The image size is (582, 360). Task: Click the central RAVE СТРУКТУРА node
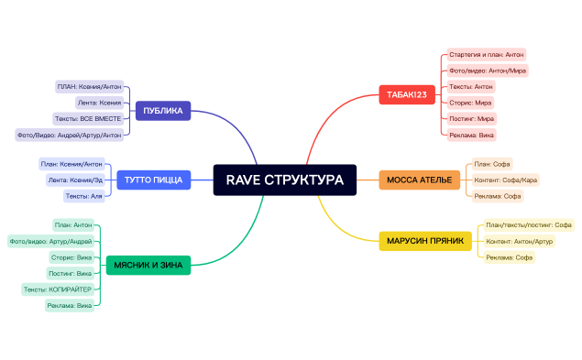[284, 180]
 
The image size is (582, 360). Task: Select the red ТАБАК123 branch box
[406, 94]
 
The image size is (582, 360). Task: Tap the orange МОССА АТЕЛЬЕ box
[419, 180]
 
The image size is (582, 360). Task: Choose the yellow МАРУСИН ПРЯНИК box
[424, 241]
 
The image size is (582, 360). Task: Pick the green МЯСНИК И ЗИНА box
[148, 266]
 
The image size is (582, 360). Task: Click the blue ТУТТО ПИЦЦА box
[154, 180]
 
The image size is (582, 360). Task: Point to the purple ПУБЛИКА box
[162, 112]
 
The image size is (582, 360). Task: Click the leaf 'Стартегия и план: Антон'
[486, 55]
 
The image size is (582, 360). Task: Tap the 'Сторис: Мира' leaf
[470, 103]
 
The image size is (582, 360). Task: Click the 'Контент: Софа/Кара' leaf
[506, 180]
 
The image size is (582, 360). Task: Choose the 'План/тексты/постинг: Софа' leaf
[529, 224]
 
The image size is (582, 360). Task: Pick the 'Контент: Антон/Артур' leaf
[519, 241]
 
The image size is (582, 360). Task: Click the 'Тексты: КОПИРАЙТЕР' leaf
[57, 289]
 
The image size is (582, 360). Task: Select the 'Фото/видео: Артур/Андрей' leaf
[50, 241]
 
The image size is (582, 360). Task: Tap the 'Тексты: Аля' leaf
[83, 196]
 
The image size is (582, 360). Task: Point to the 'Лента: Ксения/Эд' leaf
[75, 180]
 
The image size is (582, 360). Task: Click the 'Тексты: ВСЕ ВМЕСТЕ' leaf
[87, 119]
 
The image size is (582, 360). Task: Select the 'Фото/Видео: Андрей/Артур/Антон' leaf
[69, 135]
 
